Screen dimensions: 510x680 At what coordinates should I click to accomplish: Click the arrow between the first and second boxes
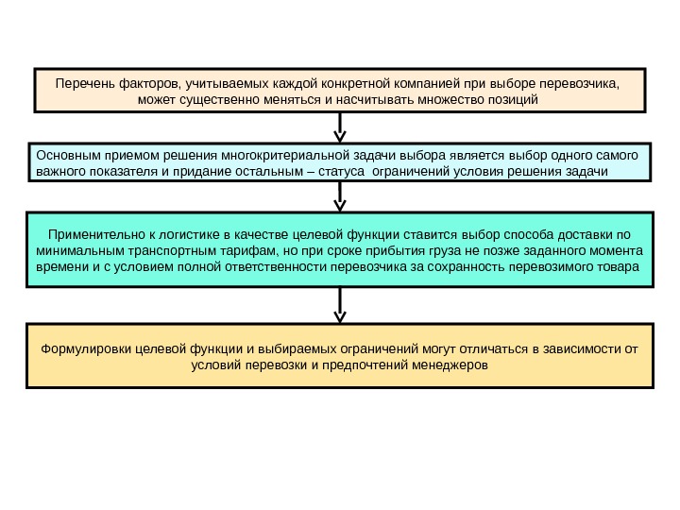coord(340,126)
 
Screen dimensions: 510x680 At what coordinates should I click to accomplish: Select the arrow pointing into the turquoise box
coord(340,196)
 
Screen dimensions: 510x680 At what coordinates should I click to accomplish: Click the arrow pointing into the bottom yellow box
coord(340,305)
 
